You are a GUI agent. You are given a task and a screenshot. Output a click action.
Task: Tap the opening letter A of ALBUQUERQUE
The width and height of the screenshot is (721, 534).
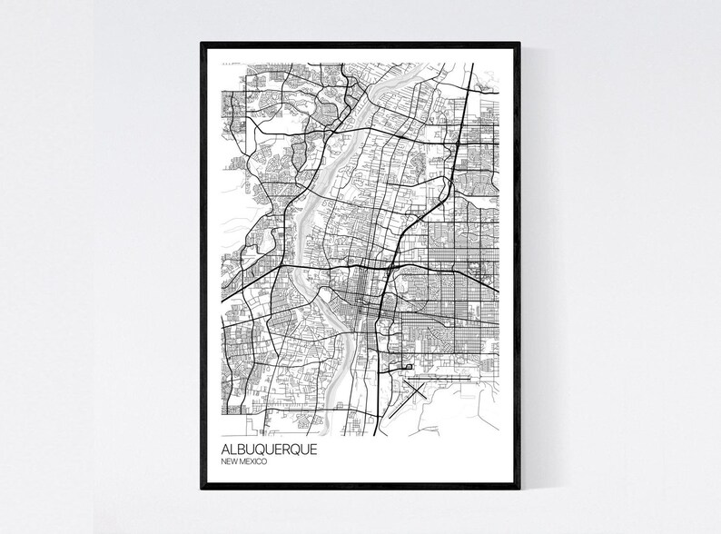coord(224,450)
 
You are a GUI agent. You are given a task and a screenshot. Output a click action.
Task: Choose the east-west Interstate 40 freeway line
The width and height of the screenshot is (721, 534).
coord(436,268)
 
